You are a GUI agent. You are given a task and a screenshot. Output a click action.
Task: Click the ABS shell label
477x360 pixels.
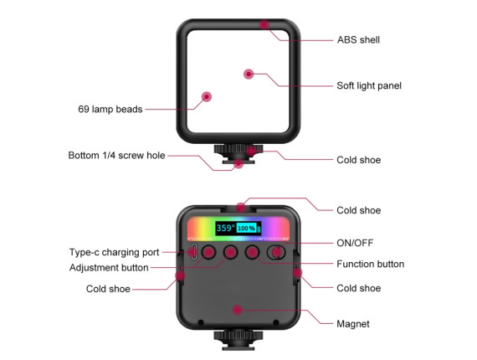[x=358, y=40]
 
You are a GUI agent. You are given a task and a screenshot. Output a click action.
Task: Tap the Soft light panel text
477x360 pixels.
[x=369, y=85]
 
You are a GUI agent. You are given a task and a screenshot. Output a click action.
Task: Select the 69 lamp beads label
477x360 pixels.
[x=110, y=109]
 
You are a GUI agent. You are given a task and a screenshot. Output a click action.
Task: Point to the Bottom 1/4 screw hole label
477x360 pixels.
[x=116, y=155]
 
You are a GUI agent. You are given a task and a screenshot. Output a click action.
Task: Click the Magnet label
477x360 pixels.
[x=353, y=324]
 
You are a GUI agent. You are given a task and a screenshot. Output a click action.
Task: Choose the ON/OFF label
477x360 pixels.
[x=355, y=243]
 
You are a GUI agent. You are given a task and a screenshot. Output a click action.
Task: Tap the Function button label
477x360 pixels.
[x=370, y=264]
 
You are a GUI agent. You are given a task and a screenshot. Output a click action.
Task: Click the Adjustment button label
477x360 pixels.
[x=109, y=268]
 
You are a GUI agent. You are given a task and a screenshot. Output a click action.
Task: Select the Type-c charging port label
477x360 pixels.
[x=114, y=252]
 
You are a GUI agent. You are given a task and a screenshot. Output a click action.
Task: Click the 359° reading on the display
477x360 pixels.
[x=225, y=228]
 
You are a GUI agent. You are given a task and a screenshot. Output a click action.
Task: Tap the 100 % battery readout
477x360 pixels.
[x=246, y=229]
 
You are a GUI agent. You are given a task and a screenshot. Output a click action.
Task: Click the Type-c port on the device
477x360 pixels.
[x=193, y=252]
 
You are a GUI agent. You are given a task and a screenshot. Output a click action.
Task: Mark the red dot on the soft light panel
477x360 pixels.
[x=249, y=74]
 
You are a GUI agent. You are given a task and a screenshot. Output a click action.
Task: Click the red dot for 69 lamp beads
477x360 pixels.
[x=207, y=97]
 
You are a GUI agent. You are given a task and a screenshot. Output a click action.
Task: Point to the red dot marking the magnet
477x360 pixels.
[x=238, y=310]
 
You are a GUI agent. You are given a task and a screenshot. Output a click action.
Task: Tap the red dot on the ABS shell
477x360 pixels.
[x=264, y=24]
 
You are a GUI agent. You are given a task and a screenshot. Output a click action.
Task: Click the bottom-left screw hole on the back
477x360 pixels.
[x=201, y=322]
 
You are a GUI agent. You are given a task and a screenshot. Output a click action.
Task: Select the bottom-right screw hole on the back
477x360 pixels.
[x=276, y=322]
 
